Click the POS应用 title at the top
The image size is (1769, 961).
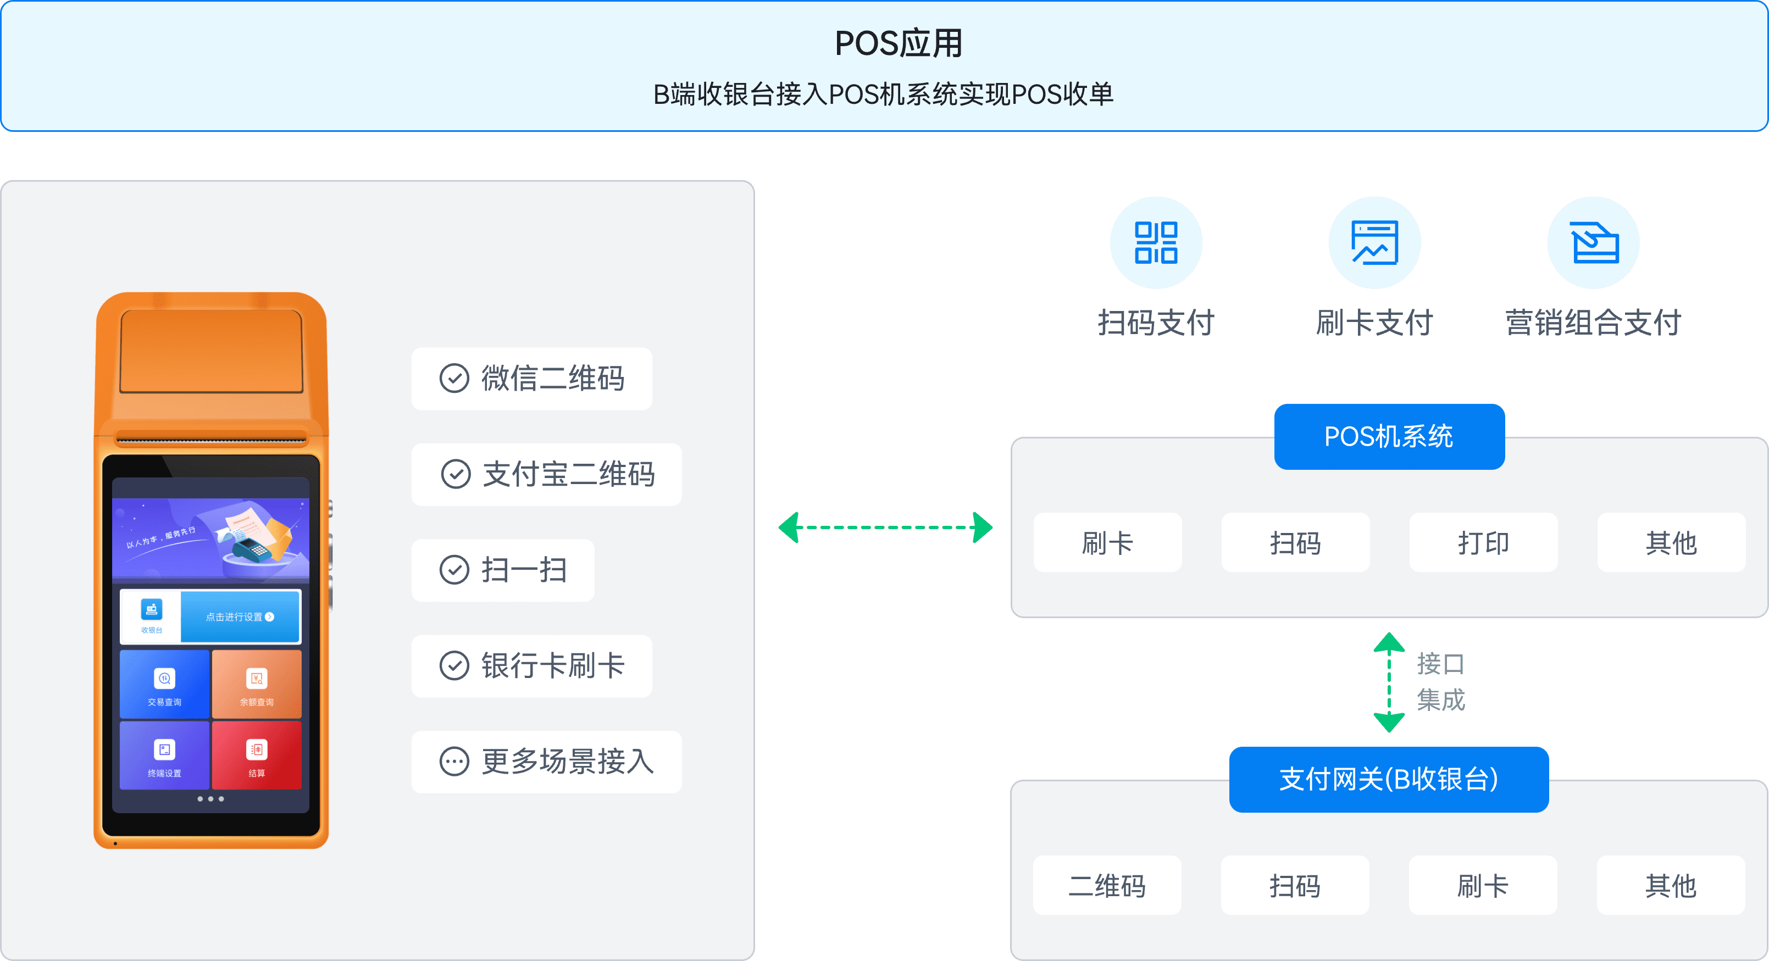pos(898,43)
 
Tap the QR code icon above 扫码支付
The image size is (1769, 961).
pos(1156,242)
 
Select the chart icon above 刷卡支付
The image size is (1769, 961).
pos(1374,242)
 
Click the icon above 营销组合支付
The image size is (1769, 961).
pos(1593,242)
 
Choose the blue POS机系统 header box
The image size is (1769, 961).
pos(1389,437)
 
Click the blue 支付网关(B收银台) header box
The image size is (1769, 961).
pos(1389,779)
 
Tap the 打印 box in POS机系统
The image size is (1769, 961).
pos(1483,543)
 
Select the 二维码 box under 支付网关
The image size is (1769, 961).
pos(1107,886)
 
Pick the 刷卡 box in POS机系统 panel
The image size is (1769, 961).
pos(1107,543)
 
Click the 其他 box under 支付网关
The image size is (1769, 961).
pos(1670,886)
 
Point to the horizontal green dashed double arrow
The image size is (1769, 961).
pos(885,527)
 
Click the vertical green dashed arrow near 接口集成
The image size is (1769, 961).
pos(1389,682)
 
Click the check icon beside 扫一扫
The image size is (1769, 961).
pos(454,570)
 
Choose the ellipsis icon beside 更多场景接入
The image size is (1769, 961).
pos(454,761)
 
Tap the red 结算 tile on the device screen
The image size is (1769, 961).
pos(256,755)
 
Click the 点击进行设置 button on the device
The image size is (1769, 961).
pos(240,616)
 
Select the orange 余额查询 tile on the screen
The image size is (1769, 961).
pos(256,685)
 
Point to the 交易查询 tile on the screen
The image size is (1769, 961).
pos(164,685)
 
